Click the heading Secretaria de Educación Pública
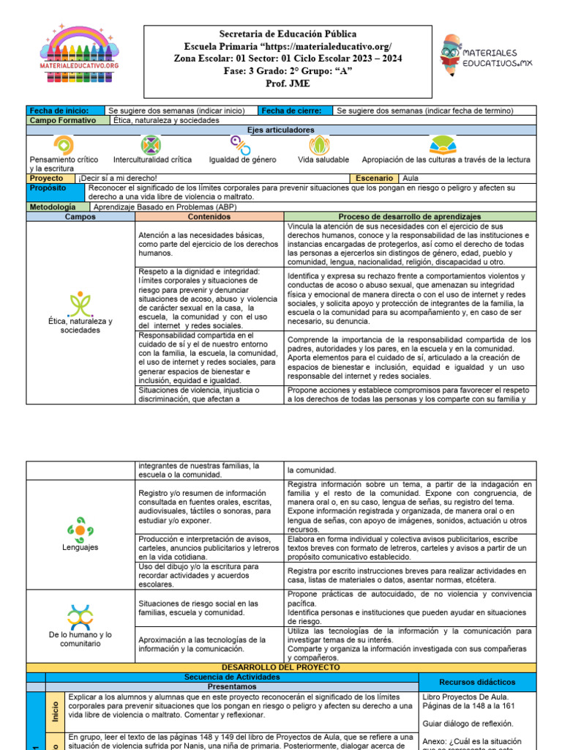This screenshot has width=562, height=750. (288, 34)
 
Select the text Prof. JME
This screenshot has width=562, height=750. (288, 83)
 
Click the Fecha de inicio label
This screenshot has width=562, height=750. (53, 111)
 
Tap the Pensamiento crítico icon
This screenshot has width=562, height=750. (63, 144)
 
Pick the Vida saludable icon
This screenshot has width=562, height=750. (320, 144)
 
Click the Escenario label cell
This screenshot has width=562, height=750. (375, 178)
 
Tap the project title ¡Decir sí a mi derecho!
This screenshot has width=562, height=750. (118, 178)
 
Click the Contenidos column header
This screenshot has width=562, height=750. (209, 217)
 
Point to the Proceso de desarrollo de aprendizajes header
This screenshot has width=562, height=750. (409, 217)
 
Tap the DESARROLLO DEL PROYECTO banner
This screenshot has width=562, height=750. (281, 668)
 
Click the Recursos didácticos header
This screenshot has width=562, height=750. (477, 682)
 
